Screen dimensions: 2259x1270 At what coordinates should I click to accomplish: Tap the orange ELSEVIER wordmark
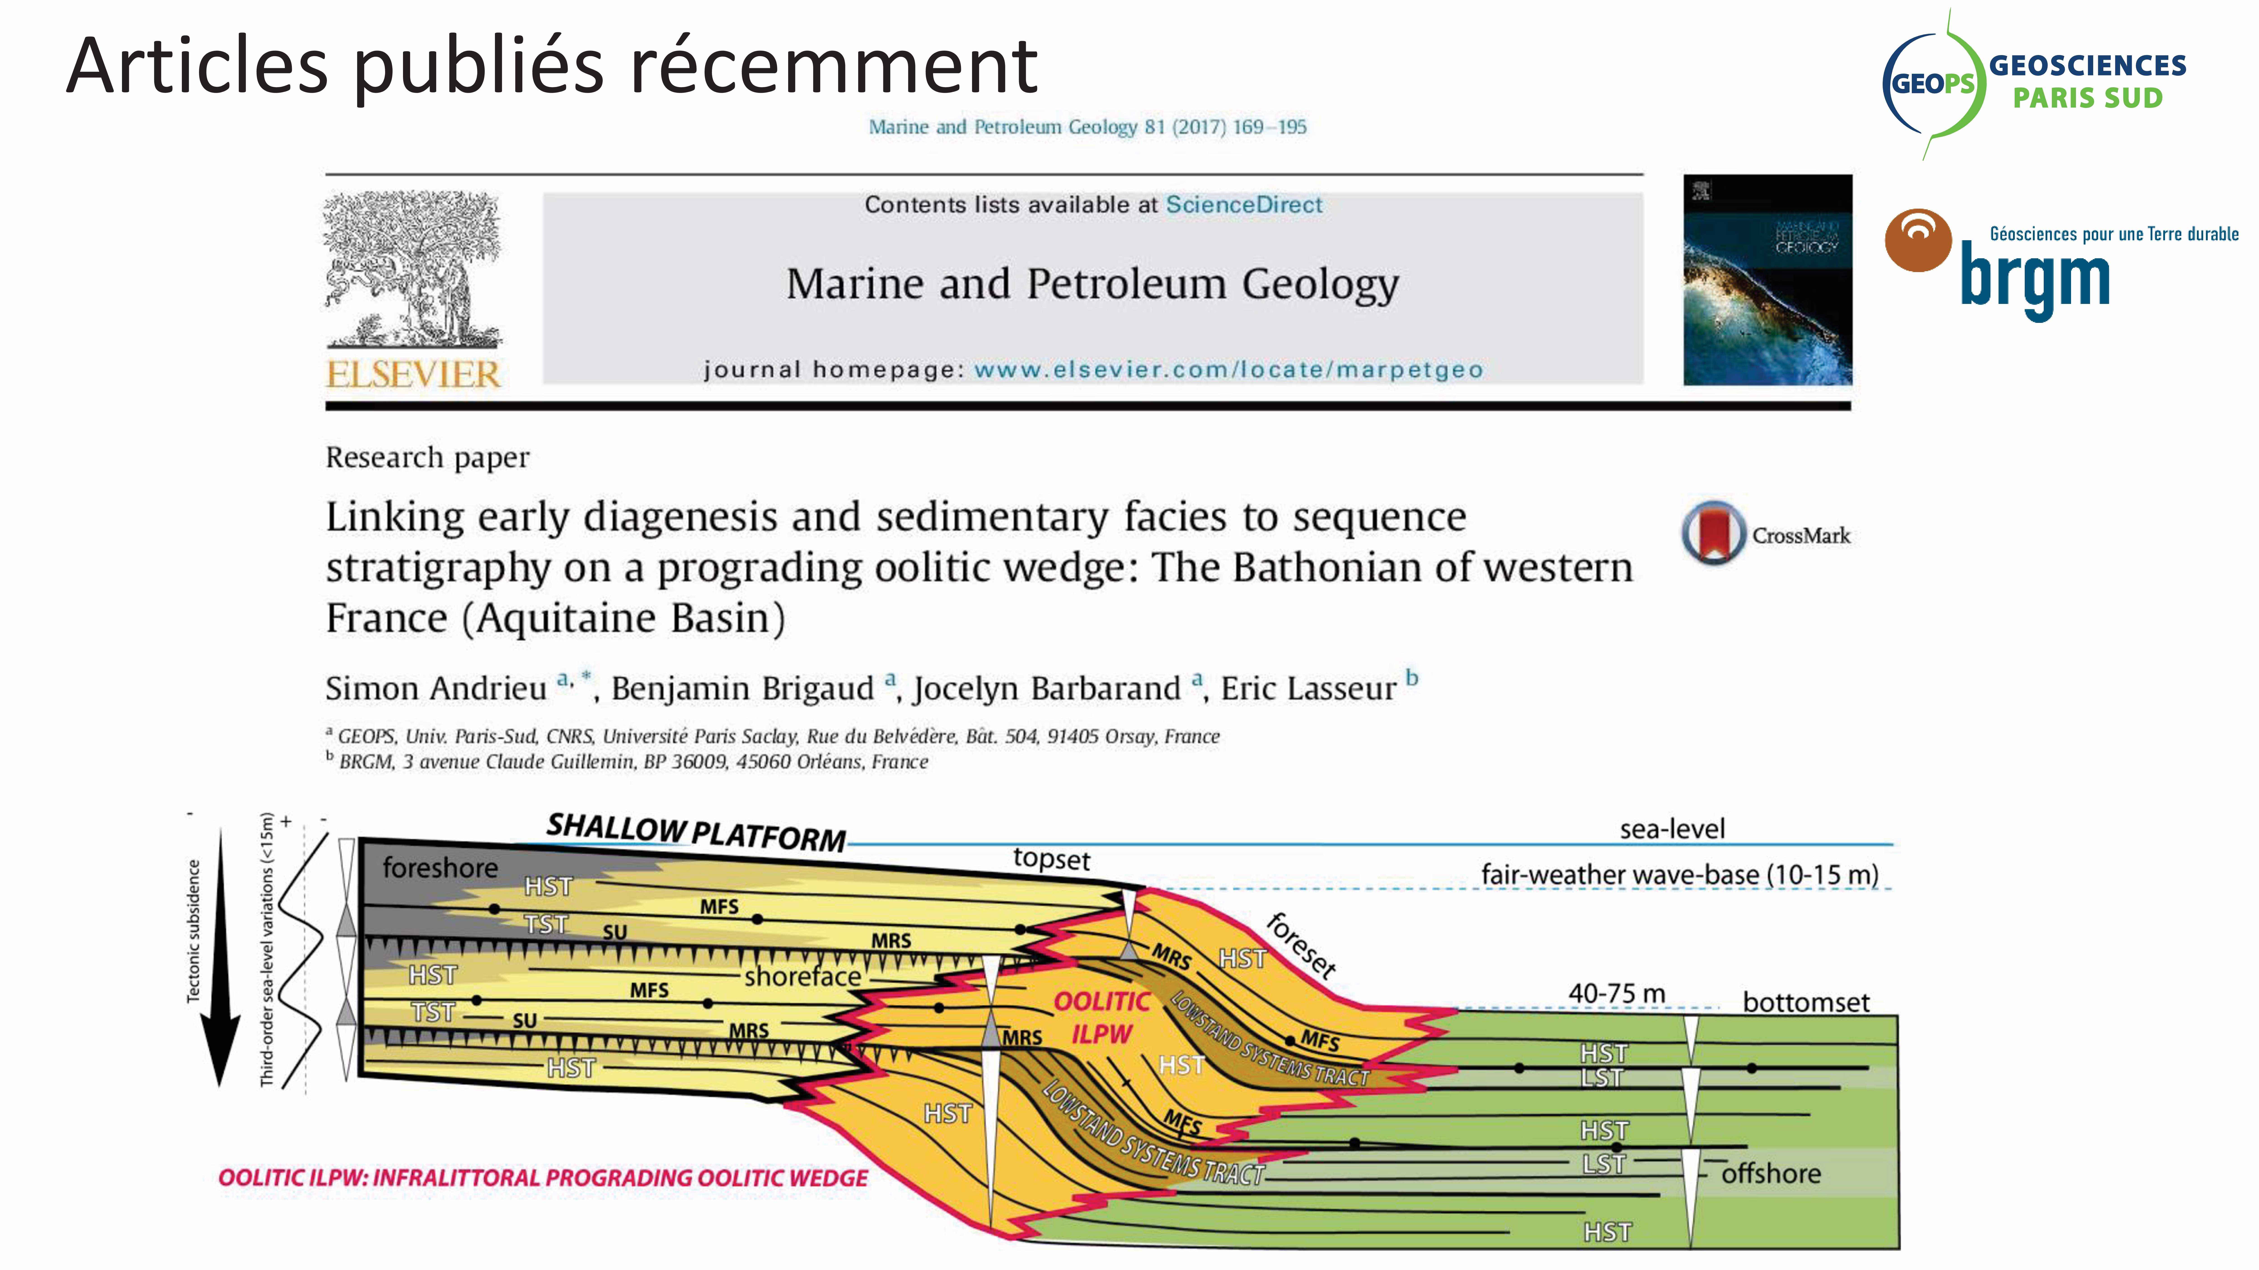tap(413, 374)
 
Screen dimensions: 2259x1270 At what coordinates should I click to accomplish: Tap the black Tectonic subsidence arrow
tap(220, 957)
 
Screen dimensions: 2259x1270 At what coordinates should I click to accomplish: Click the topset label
tap(1052, 859)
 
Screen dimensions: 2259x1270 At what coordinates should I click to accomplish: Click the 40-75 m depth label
tap(1616, 994)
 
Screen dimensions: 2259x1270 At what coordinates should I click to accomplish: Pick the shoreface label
tap(802, 976)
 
